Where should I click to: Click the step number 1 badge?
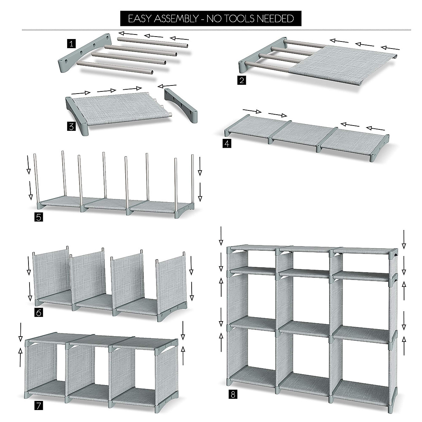point(72,44)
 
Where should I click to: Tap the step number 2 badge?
point(242,81)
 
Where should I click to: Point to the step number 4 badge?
point(227,143)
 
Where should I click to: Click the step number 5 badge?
point(39,217)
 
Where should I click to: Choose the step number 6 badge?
point(39,312)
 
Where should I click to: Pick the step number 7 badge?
point(39,405)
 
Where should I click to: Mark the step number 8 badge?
point(232,395)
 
